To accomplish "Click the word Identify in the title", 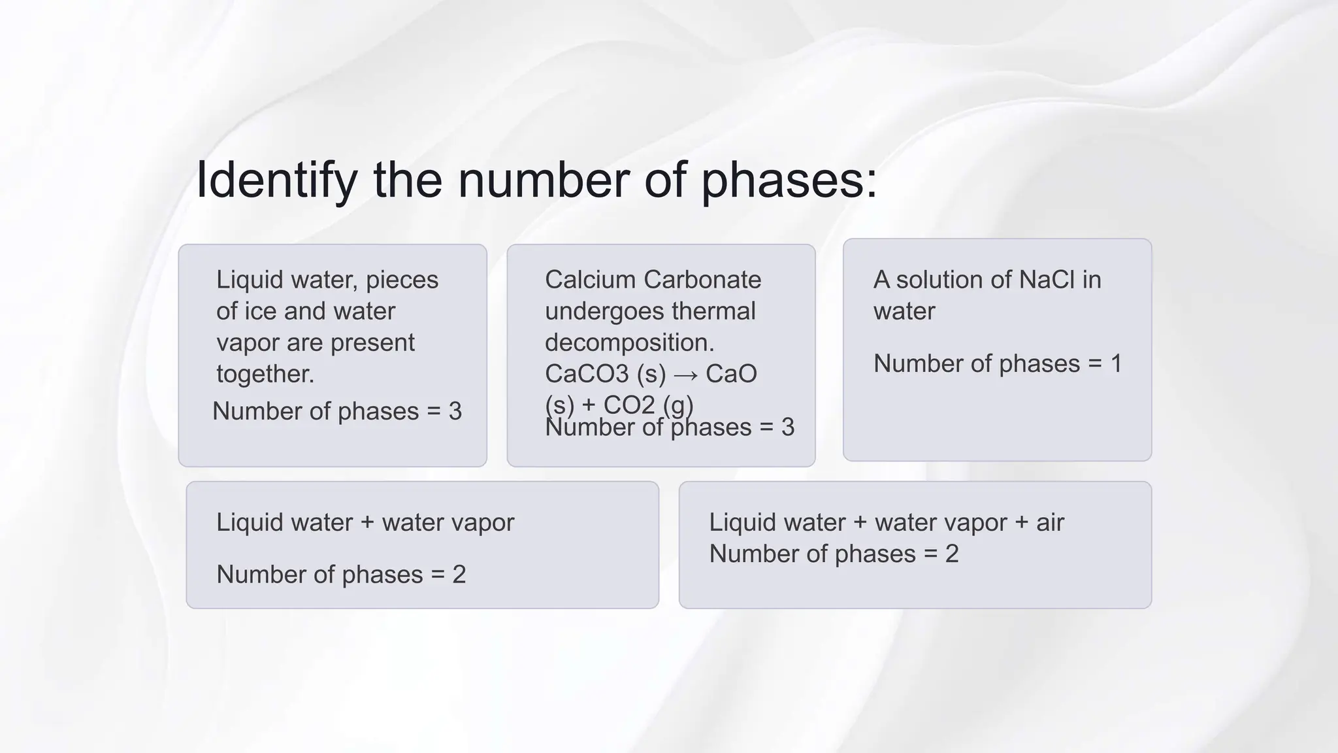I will (276, 181).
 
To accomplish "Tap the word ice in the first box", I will (260, 311).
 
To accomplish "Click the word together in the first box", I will (265, 374).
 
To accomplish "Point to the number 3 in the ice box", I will (455, 411).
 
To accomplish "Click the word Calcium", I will (590, 280).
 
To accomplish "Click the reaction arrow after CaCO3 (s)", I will (685, 375).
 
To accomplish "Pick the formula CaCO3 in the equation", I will (587, 374).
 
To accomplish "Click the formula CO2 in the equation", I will (628, 405).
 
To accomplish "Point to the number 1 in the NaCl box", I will (1116, 363).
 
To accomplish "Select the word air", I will (1050, 522).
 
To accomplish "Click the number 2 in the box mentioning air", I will (951, 554).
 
